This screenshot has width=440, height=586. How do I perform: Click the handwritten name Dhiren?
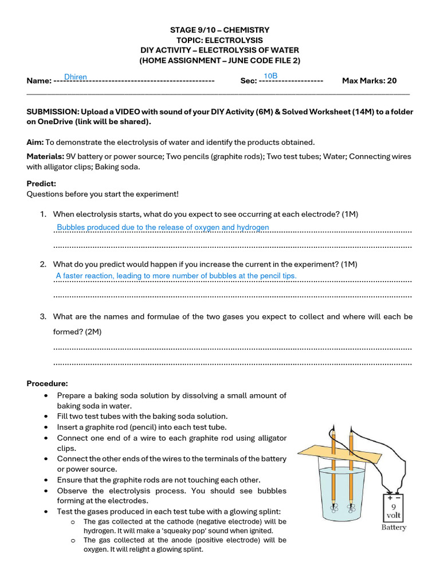coord(76,77)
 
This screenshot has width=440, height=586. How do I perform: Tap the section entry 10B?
coord(270,77)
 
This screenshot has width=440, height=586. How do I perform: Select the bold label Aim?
coord(35,142)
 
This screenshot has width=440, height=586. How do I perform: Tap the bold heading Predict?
coord(41,184)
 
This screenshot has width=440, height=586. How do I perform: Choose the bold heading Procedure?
coord(47,383)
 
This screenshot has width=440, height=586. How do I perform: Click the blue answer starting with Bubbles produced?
coord(163,228)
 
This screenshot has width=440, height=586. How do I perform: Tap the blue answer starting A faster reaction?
coord(176,276)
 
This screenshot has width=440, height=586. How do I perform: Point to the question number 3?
coord(43,316)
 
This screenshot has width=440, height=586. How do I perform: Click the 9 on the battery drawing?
coord(394,506)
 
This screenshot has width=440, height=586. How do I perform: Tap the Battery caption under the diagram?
coord(394,527)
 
